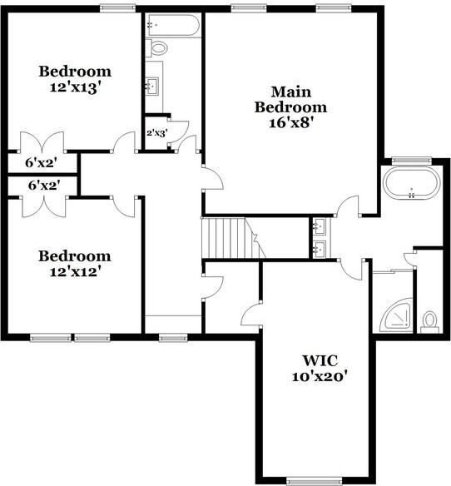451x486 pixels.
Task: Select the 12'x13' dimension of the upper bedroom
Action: coord(74,86)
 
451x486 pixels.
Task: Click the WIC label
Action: coord(319,361)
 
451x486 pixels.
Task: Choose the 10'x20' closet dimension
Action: coord(319,376)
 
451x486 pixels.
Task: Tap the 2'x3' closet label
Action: coord(156,132)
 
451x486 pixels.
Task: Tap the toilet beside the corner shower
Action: coord(429,320)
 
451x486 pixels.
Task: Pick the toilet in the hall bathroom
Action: coord(158,47)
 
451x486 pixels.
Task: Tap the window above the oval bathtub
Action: coord(408,160)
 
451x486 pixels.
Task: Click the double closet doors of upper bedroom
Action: coord(42,140)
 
